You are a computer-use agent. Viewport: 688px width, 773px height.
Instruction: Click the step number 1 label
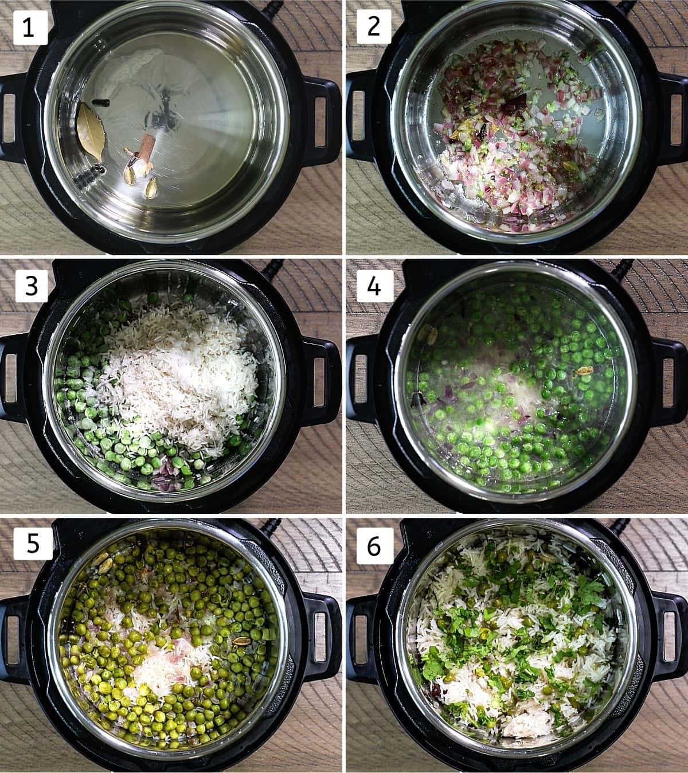(30, 28)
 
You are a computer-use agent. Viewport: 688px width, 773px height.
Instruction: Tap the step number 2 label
(374, 27)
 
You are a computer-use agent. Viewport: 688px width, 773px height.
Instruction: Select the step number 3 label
(32, 286)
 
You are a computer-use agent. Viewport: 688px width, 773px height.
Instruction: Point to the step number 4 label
(374, 286)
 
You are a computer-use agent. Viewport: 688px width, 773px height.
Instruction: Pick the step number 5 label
(33, 543)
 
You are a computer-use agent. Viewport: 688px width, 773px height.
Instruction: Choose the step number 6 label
(374, 546)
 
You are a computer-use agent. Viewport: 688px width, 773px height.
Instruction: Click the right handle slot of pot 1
(320, 122)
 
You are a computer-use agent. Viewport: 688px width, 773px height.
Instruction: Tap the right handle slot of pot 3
(320, 381)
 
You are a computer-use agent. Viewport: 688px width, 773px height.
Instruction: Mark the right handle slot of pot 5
(320, 637)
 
